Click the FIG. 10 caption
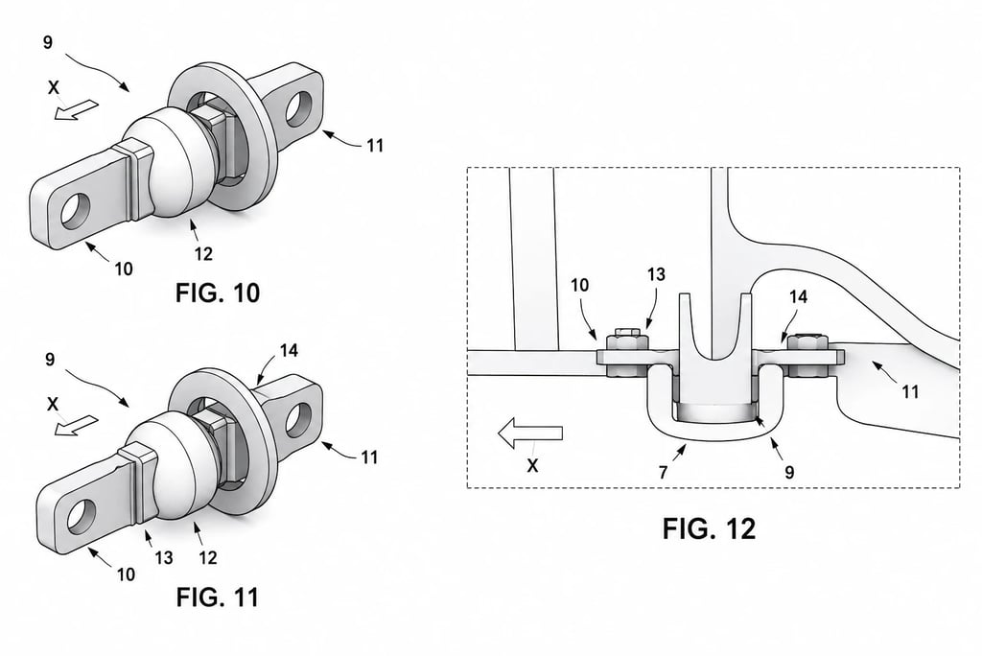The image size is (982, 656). [218, 293]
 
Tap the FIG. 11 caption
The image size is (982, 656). [218, 597]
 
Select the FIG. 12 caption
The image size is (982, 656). [709, 528]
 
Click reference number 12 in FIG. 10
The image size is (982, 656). [203, 253]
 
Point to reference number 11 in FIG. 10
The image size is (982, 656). [375, 146]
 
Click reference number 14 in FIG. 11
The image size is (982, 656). [288, 350]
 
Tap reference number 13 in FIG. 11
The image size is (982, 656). [163, 557]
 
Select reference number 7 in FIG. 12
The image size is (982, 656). [664, 471]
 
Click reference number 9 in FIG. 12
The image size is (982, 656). [789, 472]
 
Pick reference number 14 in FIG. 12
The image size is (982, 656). [798, 296]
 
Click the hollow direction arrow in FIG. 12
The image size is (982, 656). [529, 433]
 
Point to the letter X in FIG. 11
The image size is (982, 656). [54, 405]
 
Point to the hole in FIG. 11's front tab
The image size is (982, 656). [82, 517]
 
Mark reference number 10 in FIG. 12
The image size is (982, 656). [580, 285]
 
